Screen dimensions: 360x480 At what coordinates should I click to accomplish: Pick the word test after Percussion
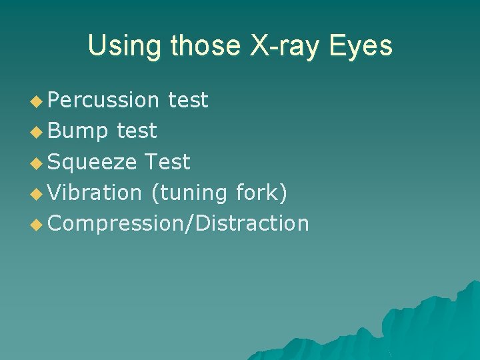[x=188, y=100]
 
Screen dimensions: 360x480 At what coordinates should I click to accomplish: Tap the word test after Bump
[x=137, y=131]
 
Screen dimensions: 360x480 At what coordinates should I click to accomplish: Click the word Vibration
[x=95, y=193]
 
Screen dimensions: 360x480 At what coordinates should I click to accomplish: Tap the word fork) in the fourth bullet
[x=261, y=193]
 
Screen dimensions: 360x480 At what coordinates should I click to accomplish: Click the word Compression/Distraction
[x=179, y=223]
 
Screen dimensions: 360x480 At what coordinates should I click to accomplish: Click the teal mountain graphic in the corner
[x=427, y=327]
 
